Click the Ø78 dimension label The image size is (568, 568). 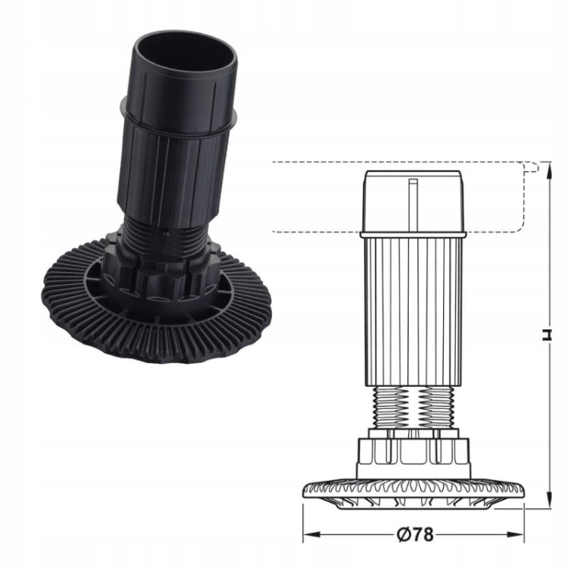pos(414,534)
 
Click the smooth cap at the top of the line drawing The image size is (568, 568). pos(413,201)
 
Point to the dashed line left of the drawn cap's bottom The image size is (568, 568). pos(314,231)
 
